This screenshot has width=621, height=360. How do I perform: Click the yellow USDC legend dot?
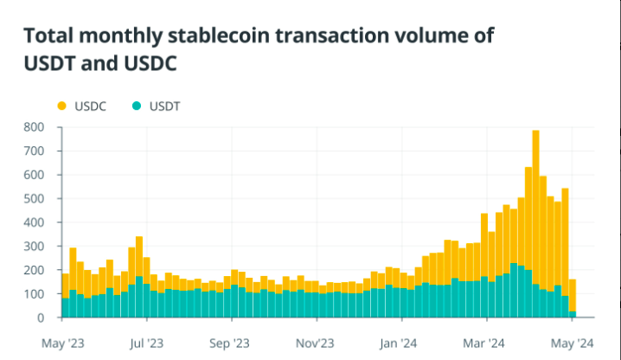pyautogui.click(x=61, y=106)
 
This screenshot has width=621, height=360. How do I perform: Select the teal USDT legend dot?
pyautogui.click(x=135, y=106)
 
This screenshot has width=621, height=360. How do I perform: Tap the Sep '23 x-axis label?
pyautogui.click(x=229, y=342)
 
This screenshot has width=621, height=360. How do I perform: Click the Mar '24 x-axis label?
pyautogui.click(x=484, y=342)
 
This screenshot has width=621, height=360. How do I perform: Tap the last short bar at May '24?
pyautogui.click(x=573, y=299)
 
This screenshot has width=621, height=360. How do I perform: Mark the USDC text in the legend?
pyautogui.click(x=91, y=106)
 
